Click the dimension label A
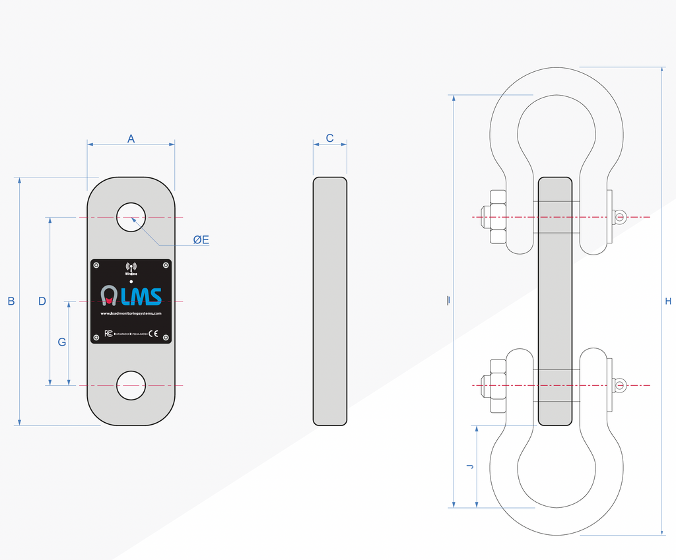[x=131, y=139]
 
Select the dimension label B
[x=11, y=301]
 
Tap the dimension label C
[x=329, y=139]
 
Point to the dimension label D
[x=42, y=301]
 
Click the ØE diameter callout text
[x=201, y=240]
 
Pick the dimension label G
[x=61, y=342]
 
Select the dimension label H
[x=668, y=301]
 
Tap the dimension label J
[x=469, y=466]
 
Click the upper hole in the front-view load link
[x=131, y=217]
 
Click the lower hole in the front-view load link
[x=131, y=385]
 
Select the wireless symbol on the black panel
[x=131, y=267]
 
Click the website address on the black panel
[x=131, y=313]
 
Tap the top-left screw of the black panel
[x=96, y=265]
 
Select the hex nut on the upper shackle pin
[x=496, y=217]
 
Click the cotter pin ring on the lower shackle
[x=620, y=385]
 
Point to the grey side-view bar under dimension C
[x=329, y=301]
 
